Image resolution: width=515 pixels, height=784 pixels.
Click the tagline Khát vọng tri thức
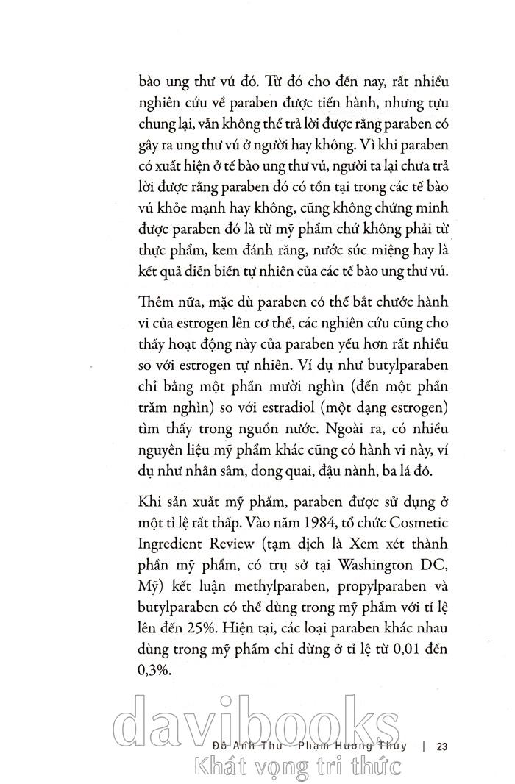click(x=294, y=767)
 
